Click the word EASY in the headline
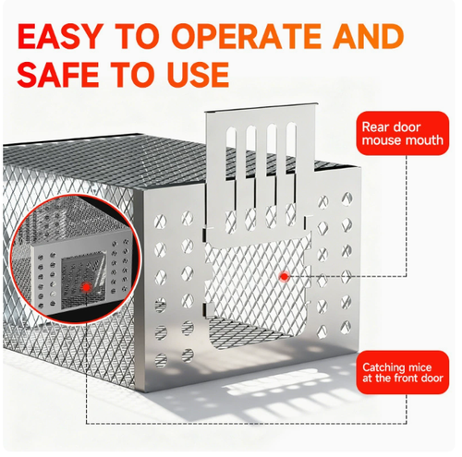point(59,36)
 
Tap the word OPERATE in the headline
point(246,36)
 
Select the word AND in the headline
point(369,36)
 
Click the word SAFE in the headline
point(58,74)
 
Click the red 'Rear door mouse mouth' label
point(403,133)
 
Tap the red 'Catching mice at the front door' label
point(403,372)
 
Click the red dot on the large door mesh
point(285,276)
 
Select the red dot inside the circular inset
point(87,287)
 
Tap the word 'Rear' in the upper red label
point(375,126)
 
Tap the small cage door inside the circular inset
point(84,281)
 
